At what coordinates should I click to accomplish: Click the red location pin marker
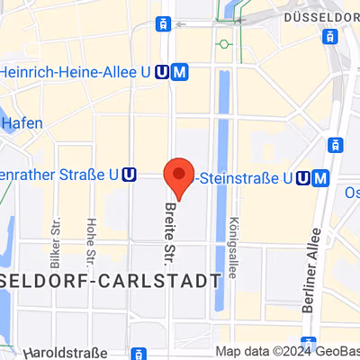[178, 176]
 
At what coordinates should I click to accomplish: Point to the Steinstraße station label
[241, 177]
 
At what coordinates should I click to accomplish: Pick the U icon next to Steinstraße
[301, 178]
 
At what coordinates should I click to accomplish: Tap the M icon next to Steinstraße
[319, 178]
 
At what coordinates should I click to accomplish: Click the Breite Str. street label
[169, 233]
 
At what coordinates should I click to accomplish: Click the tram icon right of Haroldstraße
[139, 354]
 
